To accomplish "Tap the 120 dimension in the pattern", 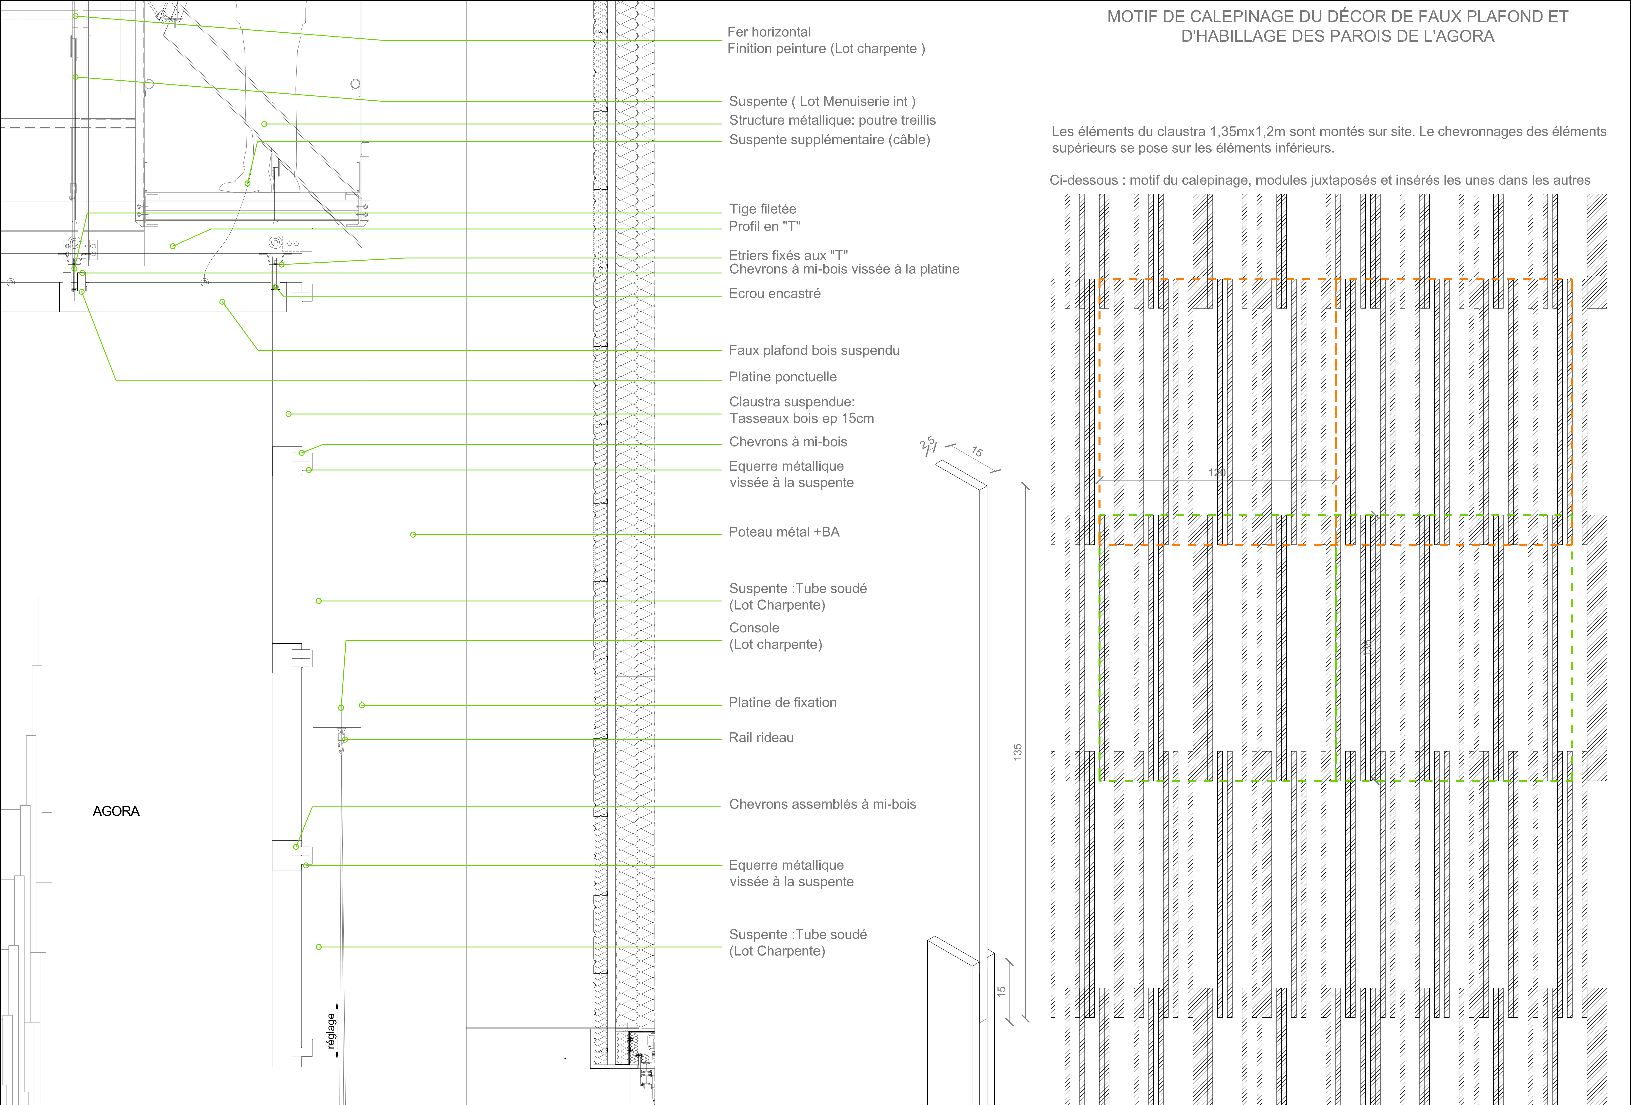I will click(x=1217, y=473).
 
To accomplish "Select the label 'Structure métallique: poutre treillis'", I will click(x=832, y=121).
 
